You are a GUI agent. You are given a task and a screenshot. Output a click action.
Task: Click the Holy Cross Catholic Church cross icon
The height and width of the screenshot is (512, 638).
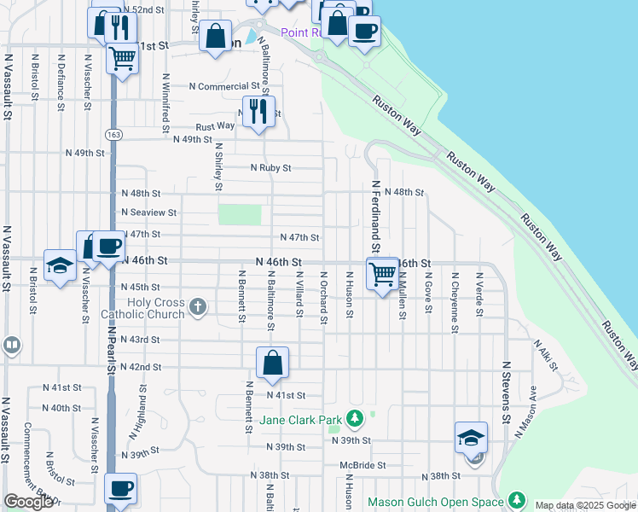tap(197, 306)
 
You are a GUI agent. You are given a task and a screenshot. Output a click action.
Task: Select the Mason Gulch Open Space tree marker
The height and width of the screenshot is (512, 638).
tap(516, 500)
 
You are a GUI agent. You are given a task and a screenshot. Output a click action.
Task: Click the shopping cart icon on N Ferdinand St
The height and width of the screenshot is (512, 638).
tap(382, 275)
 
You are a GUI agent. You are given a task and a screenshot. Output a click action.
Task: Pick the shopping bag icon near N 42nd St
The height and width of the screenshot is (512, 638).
tap(272, 363)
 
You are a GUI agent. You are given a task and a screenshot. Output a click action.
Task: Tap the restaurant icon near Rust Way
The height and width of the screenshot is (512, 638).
tap(258, 111)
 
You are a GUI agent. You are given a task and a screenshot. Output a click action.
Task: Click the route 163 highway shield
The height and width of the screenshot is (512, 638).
tap(113, 135)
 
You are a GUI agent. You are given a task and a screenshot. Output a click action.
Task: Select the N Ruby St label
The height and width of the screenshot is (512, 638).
tap(270, 168)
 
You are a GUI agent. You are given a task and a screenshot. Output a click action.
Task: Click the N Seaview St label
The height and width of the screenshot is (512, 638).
tap(148, 212)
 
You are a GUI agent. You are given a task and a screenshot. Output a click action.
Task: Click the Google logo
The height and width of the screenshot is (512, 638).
tap(28, 501)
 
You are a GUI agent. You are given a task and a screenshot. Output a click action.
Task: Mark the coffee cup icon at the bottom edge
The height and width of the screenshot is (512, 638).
tap(120, 490)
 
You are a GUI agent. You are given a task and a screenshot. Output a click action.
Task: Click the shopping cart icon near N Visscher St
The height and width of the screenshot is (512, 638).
tap(122, 59)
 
